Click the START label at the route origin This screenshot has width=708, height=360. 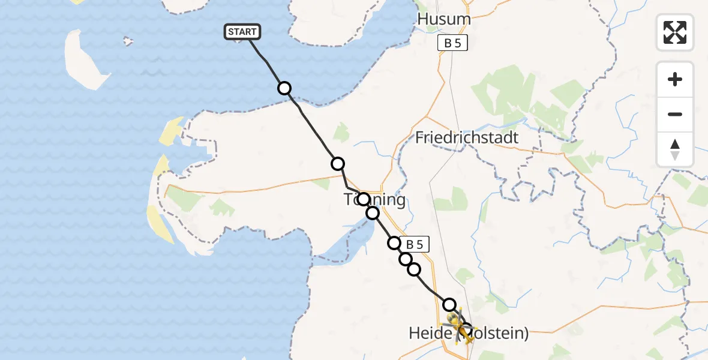coord(242,32)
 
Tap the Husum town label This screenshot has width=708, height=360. coord(444,19)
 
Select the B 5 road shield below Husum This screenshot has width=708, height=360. coord(452,43)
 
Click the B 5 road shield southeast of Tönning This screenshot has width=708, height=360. coord(418,244)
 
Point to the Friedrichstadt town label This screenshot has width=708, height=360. coord(467,137)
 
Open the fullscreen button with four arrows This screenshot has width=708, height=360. coord(675,32)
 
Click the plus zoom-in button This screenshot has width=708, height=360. coord(675,79)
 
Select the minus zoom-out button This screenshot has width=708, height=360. coord(675,114)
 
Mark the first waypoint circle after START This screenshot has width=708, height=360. coord(284,88)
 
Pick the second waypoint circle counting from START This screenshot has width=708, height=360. coord(338,163)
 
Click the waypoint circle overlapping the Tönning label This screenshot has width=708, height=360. coord(363,199)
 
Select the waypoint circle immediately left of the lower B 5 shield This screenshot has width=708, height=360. coord(394,243)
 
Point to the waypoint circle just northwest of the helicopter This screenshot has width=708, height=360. coord(449,304)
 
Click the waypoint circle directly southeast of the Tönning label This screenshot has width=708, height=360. coord(373,213)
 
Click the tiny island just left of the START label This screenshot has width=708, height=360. coord(127,41)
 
